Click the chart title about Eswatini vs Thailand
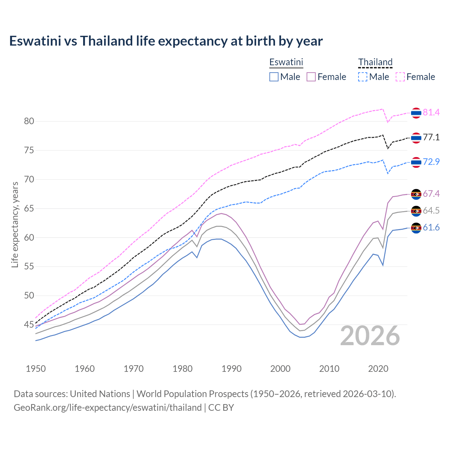[x=166, y=41]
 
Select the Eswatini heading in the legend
[x=286, y=62]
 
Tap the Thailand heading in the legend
[x=375, y=62]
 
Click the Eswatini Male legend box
[x=274, y=77]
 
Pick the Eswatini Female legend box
[x=311, y=77]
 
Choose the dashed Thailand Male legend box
[x=363, y=77]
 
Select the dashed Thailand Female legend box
[x=400, y=77]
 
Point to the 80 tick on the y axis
[x=29, y=121]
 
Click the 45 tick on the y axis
[x=29, y=325]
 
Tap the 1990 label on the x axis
[x=232, y=369]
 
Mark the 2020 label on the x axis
[x=378, y=369]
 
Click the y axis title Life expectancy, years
[x=15, y=224]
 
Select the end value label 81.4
[x=431, y=113]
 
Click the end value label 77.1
[x=431, y=138]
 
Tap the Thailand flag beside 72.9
[x=416, y=162]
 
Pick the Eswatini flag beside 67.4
[x=416, y=194]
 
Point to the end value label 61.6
[x=431, y=228]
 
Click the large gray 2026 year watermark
[x=370, y=336]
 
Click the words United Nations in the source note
[x=100, y=394]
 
